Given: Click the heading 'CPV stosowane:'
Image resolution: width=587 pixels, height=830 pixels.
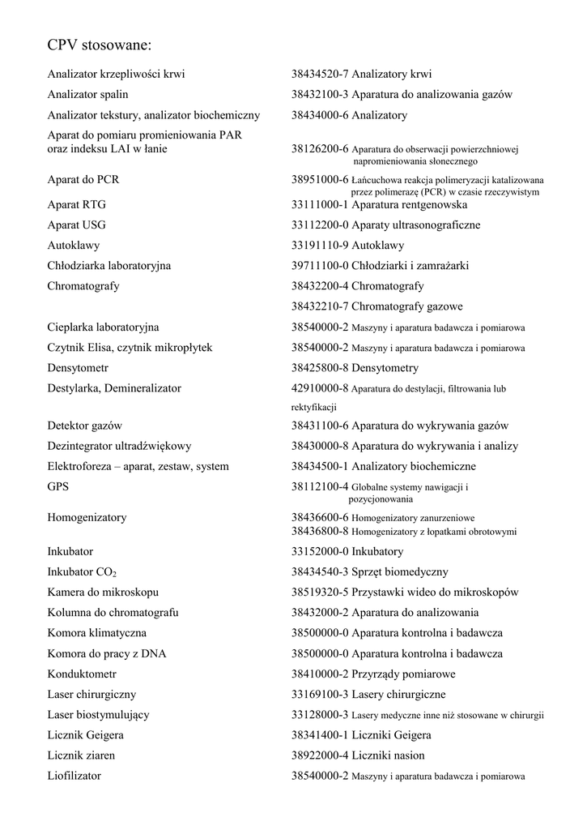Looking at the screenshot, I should point(100,44).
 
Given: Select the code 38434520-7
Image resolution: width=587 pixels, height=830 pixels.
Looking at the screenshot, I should point(320,75).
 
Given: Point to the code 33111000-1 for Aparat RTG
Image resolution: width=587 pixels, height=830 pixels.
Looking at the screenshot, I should point(320,204).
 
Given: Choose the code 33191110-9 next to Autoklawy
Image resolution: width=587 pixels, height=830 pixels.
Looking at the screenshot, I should point(320,245).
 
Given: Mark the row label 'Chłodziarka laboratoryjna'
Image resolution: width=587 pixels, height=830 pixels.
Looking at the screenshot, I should point(108,266).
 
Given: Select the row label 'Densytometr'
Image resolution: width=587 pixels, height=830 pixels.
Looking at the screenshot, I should point(78,368).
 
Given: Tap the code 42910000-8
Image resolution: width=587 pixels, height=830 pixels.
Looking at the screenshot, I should point(320,388).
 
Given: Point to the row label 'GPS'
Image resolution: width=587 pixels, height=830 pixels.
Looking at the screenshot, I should point(58,487).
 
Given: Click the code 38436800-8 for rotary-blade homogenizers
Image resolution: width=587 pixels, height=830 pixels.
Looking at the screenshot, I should point(320,532).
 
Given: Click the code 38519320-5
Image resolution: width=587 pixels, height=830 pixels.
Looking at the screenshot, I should point(320,593).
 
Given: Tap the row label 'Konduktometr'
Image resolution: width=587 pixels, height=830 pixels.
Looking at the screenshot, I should point(82,674).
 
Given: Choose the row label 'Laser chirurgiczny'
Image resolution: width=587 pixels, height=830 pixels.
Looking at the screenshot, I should point(91,695).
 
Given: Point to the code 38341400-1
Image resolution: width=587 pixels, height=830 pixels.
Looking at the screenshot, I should point(320,735).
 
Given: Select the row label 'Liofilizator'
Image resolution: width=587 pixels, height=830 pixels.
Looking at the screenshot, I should point(74,776).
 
